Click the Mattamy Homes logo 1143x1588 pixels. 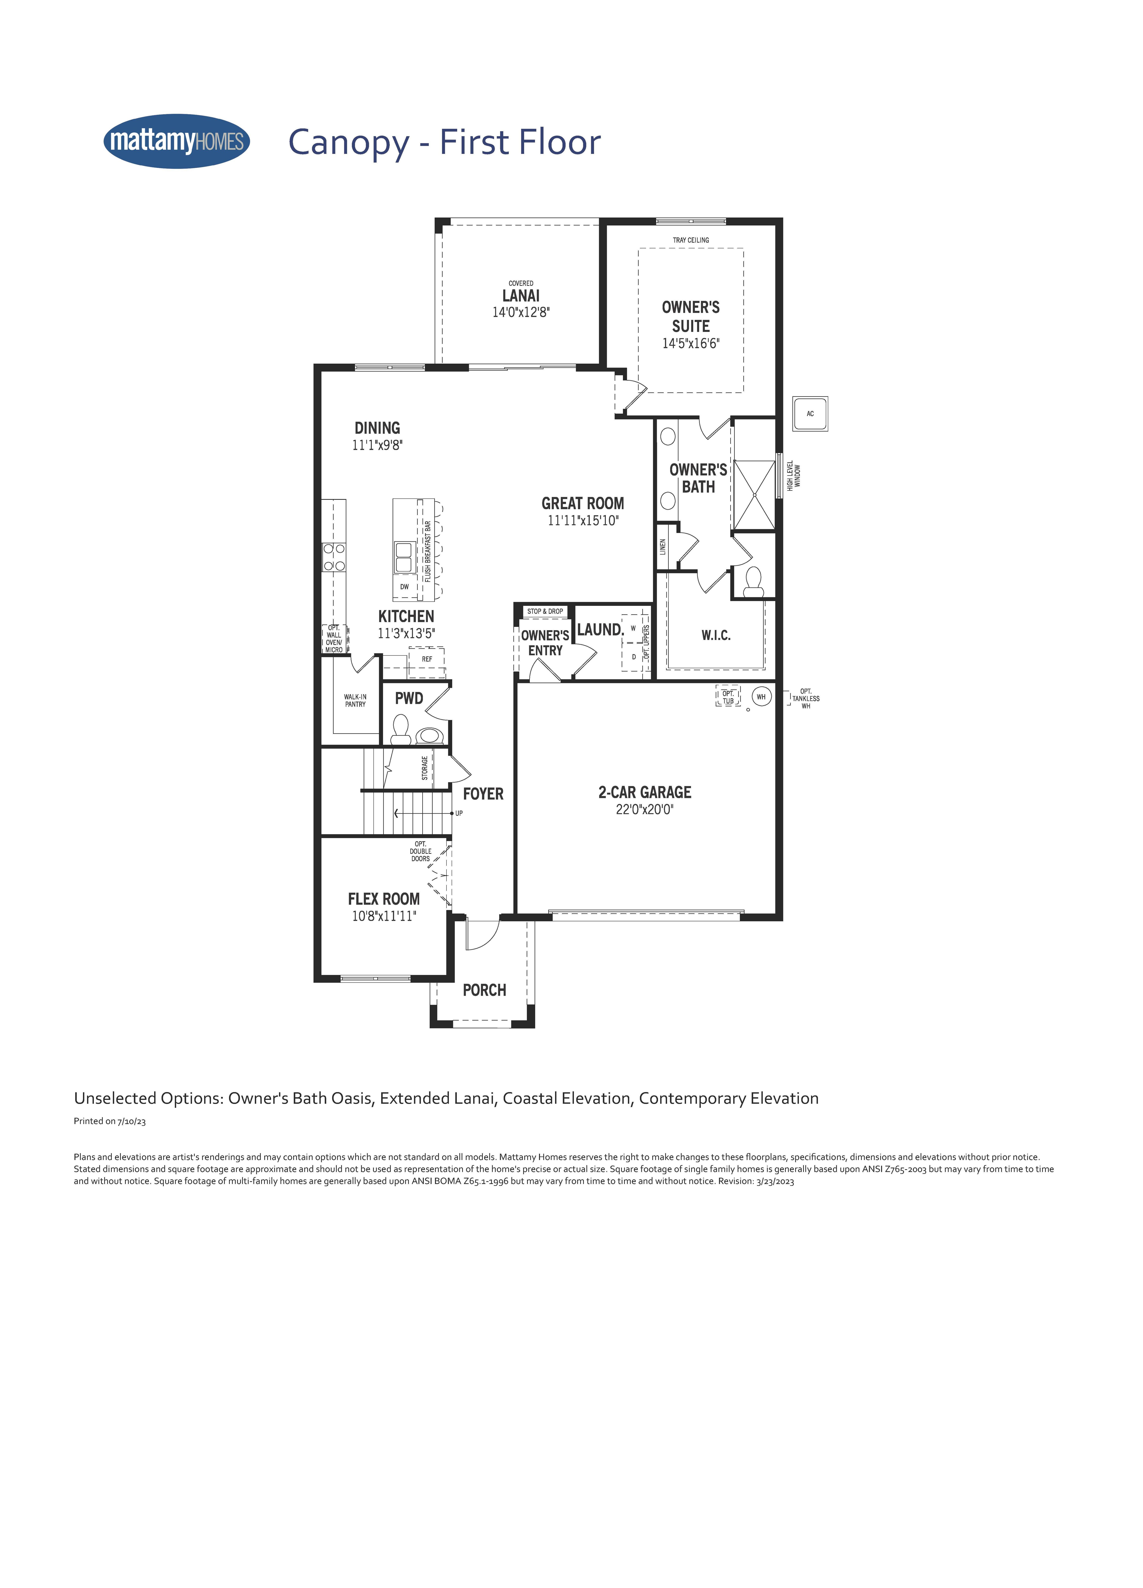point(176,142)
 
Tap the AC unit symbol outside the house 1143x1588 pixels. point(810,413)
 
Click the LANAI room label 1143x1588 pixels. point(521,296)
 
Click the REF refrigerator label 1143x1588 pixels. point(427,659)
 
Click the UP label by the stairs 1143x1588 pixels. point(459,813)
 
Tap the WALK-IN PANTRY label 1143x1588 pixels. point(355,700)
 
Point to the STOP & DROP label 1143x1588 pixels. point(545,611)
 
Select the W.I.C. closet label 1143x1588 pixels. point(716,635)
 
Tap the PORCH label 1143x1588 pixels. point(484,990)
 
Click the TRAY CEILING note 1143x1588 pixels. point(691,240)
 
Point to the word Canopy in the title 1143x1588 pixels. point(349,143)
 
